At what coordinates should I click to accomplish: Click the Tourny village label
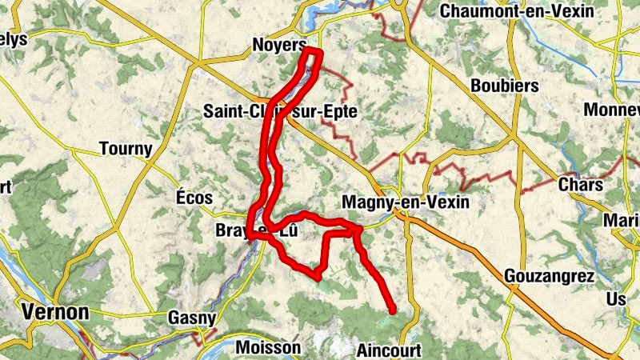(x=126, y=148)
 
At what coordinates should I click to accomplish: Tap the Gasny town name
(x=192, y=318)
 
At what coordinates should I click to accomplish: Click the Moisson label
(x=268, y=348)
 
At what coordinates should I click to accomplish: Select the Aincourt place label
(x=388, y=350)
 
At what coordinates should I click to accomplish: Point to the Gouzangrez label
(x=550, y=277)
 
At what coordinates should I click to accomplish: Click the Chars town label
(x=581, y=185)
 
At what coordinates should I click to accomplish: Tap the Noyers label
(x=279, y=45)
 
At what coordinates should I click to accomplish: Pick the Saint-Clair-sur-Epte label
(x=280, y=112)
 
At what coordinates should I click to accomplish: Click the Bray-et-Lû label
(x=256, y=231)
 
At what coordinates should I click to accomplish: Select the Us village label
(x=617, y=298)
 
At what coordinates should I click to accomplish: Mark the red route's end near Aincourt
(x=393, y=310)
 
